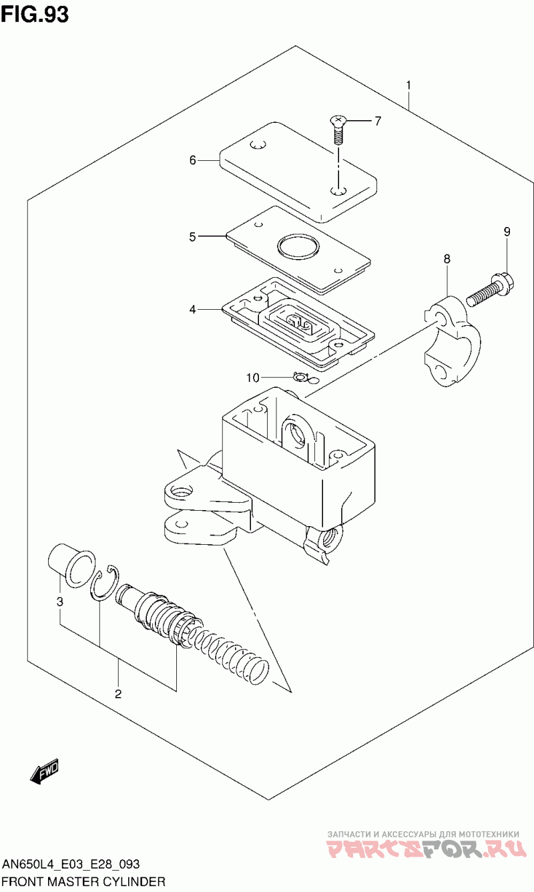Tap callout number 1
(x=409, y=85)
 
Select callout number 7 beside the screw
(x=378, y=121)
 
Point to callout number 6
(x=193, y=160)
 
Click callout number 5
(x=193, y=237)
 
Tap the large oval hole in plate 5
(x=298, y=246)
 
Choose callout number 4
(x=193, y=309)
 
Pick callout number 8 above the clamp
(x=447, y=259)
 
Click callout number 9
(x=507, y=232)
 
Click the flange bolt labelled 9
(x=489, y=290)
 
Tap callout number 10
(x=253, y=377)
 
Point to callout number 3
(x=59, y=602)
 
